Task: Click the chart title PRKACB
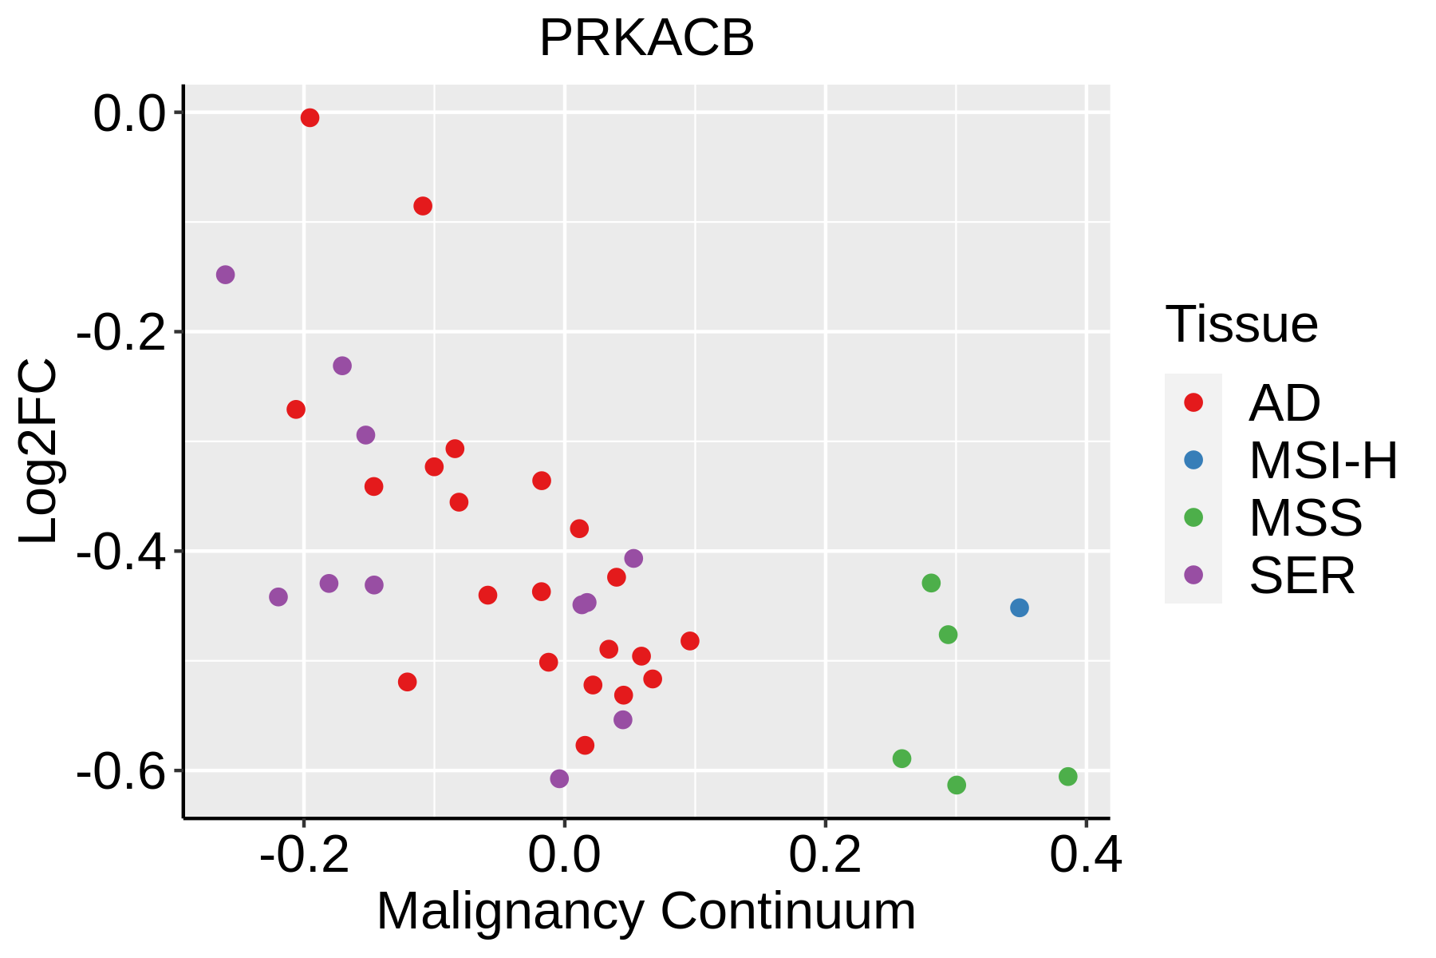click(x=646, y=38)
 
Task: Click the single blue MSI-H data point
click(x=1019, y=608)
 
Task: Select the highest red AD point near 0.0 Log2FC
click(x=310, y=118)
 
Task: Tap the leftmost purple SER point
click(x=226, y=275)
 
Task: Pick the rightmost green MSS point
click(x=1067, y=777)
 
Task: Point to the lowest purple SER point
click(x=559, y=778)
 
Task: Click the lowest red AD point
click(x=585, y=746)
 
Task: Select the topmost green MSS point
click(x=931, y=583)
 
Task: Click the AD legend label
click(x=1284, y=403)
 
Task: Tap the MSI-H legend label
click(x=1323, y=461)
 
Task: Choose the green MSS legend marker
click(x=1193, y=517)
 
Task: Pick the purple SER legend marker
click(x=1193, y=575)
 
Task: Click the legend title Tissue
click(x=1241, y=325)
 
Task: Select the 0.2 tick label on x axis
click(x=825, y=856)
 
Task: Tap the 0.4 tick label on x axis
click(x=1085, y=856)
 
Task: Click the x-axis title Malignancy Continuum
click(x=646, y=912)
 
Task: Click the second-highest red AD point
click(x=423, y=206)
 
